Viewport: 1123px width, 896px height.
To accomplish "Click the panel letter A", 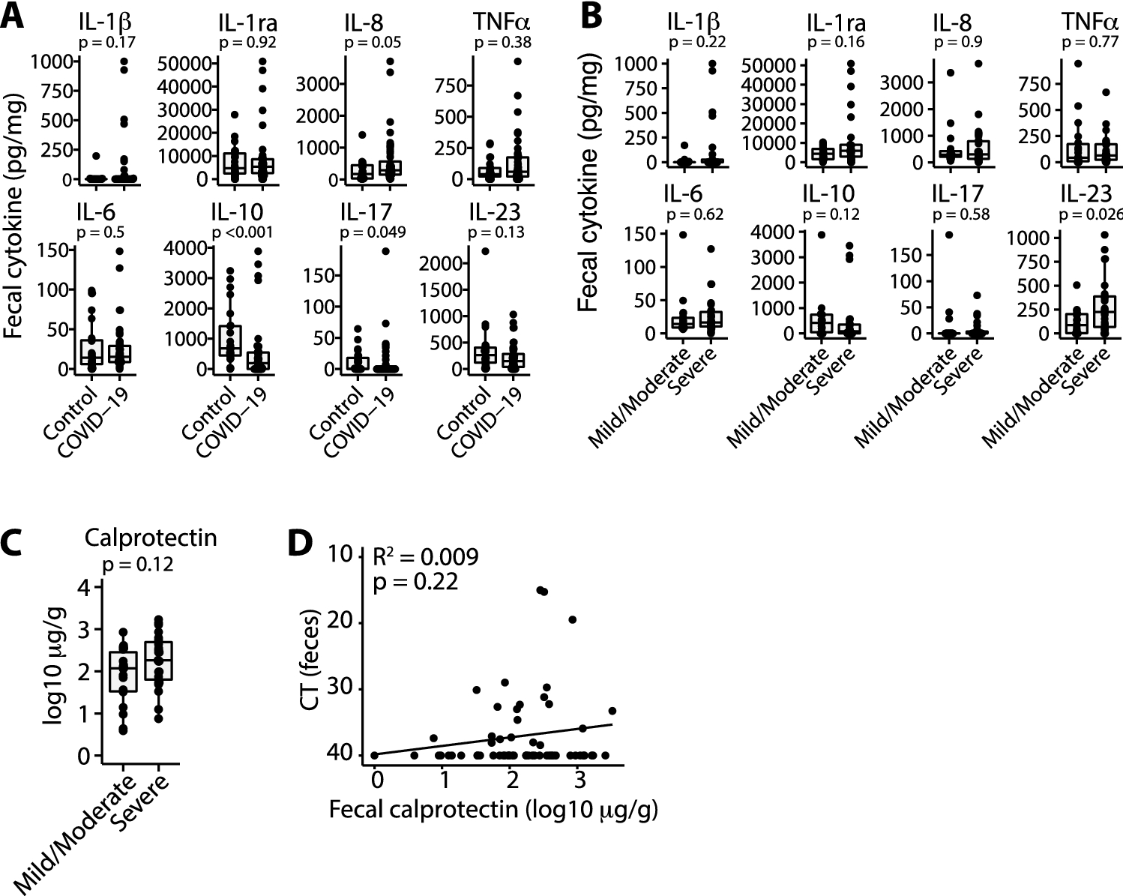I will point(15,16).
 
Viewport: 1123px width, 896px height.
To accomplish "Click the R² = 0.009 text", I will point(425,557).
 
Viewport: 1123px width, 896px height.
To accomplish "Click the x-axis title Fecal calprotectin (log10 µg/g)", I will point(494,810).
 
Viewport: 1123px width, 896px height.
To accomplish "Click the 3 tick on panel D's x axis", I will point(578,781).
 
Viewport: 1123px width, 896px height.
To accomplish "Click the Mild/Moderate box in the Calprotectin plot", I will point(123,671).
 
